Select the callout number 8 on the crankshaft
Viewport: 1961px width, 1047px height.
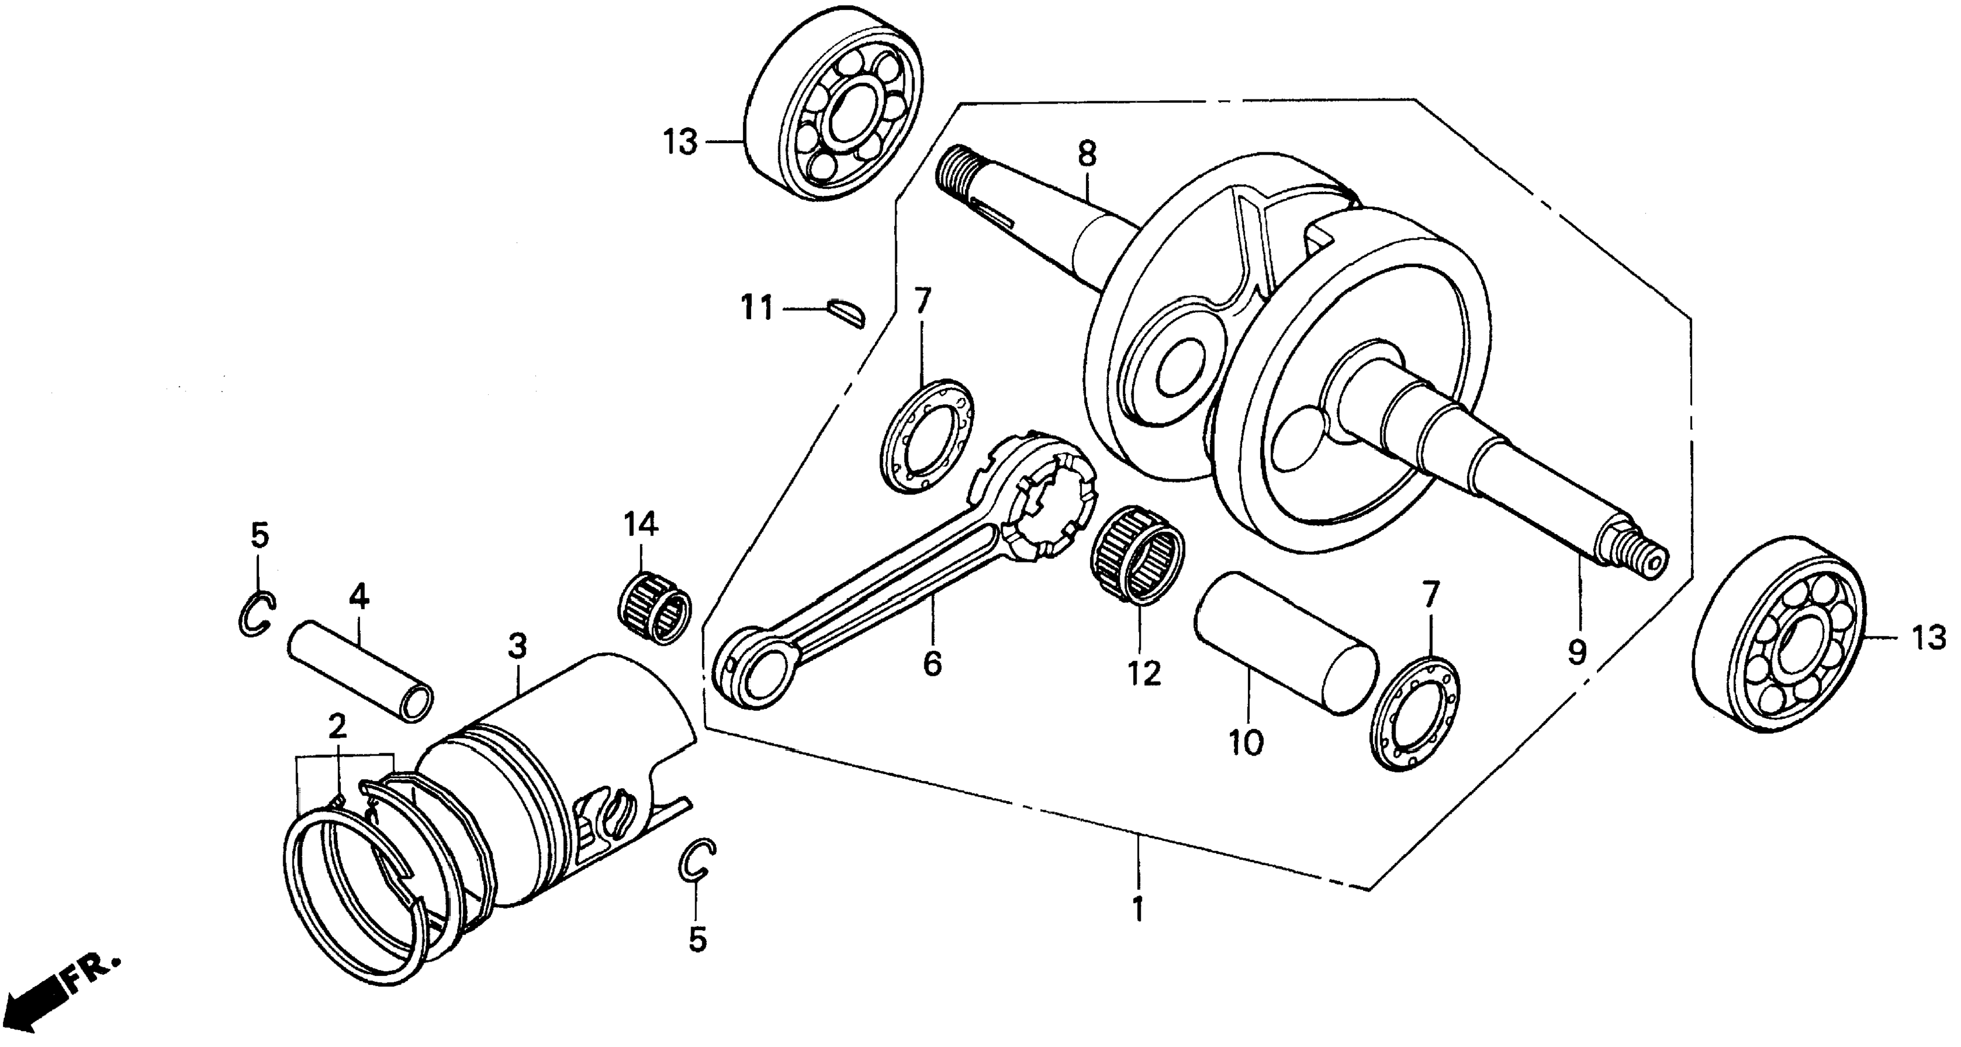tap(1087, 156)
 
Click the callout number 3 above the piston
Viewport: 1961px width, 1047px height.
tap(517, 648)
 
